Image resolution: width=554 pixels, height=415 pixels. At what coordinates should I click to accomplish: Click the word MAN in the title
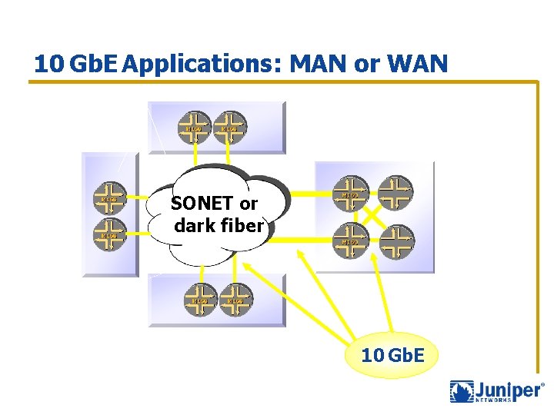coord(318,64)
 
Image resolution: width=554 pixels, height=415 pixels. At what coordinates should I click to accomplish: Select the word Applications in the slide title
coord(202,65)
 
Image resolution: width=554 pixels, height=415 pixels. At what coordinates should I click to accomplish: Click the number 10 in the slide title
coord(48,64)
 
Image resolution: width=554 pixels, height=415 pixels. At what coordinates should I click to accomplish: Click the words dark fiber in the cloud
coord(219,226)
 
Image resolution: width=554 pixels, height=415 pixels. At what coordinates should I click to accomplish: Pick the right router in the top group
coord(229,127)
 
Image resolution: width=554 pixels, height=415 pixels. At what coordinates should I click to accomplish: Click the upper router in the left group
coord(109,198)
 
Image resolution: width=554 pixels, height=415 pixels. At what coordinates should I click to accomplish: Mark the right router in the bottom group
coord(235,299)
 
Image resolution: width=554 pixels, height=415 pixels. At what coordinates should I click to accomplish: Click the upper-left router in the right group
coord(351,193)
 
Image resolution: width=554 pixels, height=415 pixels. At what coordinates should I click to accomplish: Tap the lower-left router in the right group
coord(351,239)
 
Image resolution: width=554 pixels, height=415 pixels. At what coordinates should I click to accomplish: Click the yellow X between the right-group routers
coord(374,215)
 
